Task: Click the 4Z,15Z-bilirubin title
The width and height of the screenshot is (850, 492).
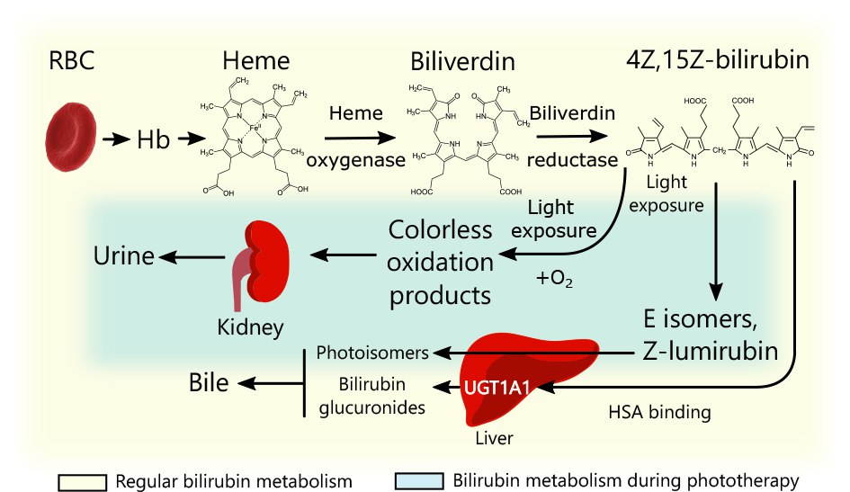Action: point(716,61)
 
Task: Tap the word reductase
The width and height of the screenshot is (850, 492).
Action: point(572,160)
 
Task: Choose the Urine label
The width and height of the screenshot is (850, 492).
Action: point(123,258)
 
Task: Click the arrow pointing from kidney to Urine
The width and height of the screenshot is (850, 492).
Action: point(189,258)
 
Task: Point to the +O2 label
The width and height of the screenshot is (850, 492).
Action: point(555,280)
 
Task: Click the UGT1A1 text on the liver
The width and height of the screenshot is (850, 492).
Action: point(496,389)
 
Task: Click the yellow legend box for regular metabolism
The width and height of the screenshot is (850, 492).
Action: point(84,481)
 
